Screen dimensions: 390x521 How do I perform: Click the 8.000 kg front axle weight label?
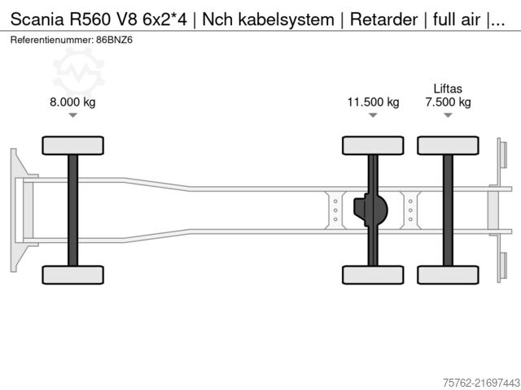pos(72,102)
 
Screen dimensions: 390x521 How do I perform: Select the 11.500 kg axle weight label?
pos(373,102)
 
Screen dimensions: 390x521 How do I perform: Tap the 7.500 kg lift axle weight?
pos(448,102)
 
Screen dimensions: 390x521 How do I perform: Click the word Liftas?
pos(448,88)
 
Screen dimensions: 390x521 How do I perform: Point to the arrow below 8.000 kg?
pos(72,116)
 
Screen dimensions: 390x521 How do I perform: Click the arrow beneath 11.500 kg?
pos(373,116)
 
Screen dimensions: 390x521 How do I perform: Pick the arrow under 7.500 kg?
pos(448,116)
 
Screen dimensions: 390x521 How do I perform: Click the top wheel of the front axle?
pos(72,145)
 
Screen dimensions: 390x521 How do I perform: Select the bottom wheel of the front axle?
pos(72,275)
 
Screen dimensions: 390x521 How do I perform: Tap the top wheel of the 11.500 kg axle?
pos(373,145)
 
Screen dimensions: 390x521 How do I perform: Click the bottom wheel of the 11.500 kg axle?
pos(373,275)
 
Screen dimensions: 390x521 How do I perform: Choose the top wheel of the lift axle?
pos(448,145)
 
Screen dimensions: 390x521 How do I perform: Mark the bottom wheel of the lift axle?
pos(448,275)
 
